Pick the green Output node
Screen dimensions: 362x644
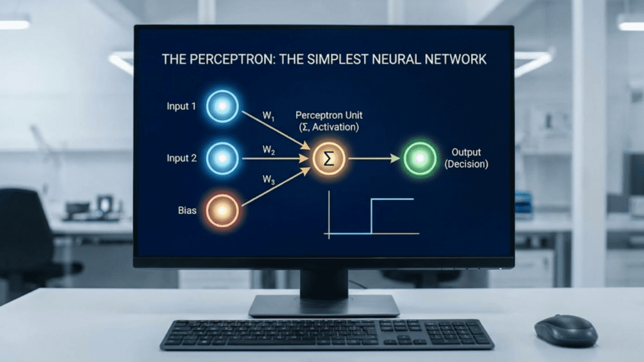tap(419, 158)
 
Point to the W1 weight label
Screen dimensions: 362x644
tap(269, 116)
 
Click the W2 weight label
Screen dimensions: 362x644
tap(269, 151)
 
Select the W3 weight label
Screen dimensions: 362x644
tap(269, 180)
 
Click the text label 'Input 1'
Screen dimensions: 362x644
tap(181, 106)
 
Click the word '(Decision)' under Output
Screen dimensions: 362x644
tap(466, 164)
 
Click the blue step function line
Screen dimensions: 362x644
tap(372, 216)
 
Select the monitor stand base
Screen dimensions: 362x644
tap(324, 305)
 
